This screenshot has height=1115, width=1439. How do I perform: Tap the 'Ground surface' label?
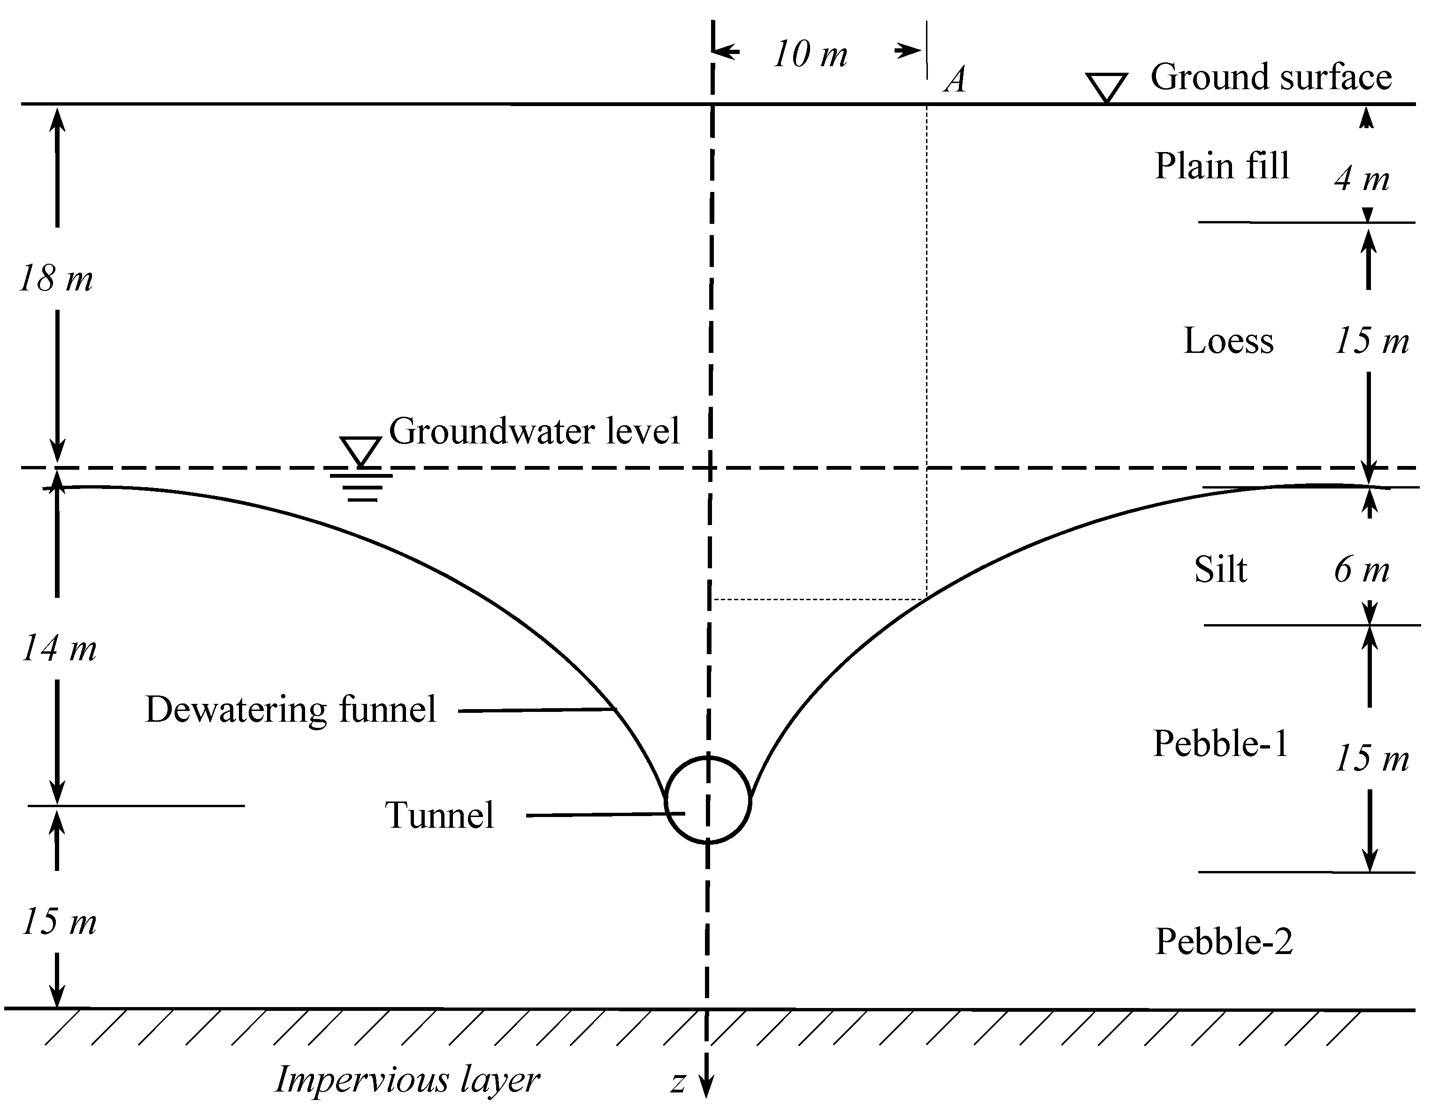pos(1271,77)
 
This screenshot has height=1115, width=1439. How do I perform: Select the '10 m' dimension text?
pos(810,54)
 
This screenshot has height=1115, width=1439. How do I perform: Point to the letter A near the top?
pos(956,80)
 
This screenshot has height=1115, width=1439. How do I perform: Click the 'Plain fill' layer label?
pos(1221,166)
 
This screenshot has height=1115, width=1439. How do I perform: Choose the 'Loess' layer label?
pos(1228,341)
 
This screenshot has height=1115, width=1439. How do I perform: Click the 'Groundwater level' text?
pos(534,432)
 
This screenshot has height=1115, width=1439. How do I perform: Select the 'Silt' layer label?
pos(1220,570)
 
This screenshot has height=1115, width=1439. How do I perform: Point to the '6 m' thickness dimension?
pos(1361,570)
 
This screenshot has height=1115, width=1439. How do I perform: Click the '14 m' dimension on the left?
pos(59,649)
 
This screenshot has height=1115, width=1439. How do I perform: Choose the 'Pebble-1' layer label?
pos(1220,745)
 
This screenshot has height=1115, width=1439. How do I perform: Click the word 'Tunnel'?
pos(439,816)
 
